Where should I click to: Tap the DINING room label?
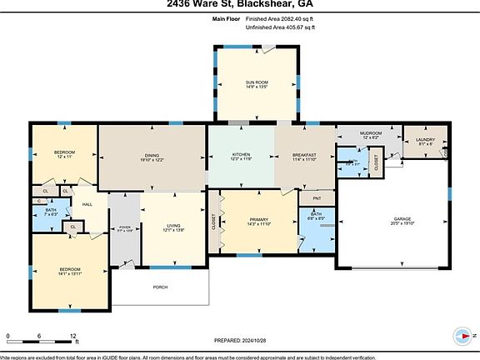pos(152,155)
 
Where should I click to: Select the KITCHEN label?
pos(241,155)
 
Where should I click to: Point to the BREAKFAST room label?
pos(304,155)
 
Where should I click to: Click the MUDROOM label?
pos(370,133)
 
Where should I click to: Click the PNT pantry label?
pos(316,199)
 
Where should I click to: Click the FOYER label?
pos(124,227)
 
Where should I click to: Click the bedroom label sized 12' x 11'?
pos(65,152)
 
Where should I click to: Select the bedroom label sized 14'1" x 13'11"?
pos(69,270)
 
